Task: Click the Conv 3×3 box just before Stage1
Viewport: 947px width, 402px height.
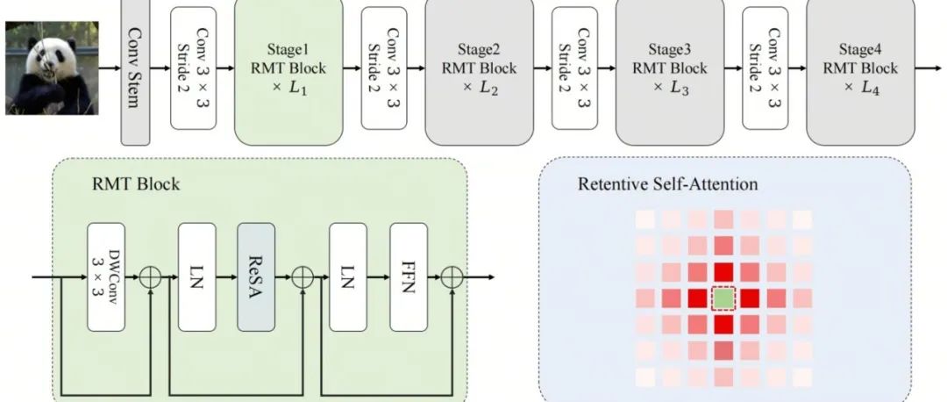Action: [193, 67]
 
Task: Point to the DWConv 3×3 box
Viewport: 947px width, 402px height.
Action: [106, 276]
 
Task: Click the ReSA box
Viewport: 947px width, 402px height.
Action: [256, 276]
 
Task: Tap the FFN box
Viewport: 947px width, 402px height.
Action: [408, 276]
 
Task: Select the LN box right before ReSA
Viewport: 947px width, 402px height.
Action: [196, 276]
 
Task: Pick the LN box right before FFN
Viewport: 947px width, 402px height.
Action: [348, 276]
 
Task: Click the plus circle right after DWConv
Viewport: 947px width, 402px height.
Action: [152, 277]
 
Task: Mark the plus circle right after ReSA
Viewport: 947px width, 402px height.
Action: [303, 277]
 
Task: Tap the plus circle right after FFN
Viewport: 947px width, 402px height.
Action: [452, 277]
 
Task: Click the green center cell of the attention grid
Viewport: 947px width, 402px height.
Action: [723, 299]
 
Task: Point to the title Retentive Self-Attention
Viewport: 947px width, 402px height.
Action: [667, 184]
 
